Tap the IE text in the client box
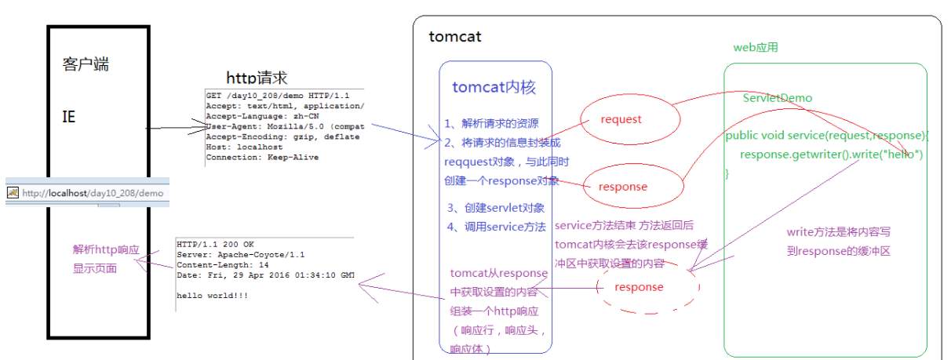tap(69, 116)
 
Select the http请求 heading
tap(257, 78)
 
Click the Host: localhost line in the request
tap(239, 147)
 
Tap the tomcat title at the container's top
tap(455, 37)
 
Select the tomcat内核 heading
tap(494, 87)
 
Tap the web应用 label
tap(756, 48)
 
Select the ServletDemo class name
tap(778, 98)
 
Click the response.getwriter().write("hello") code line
tap(831, 154)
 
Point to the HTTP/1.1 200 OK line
tap(216, 244)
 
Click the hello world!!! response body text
tap(213, 295)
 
